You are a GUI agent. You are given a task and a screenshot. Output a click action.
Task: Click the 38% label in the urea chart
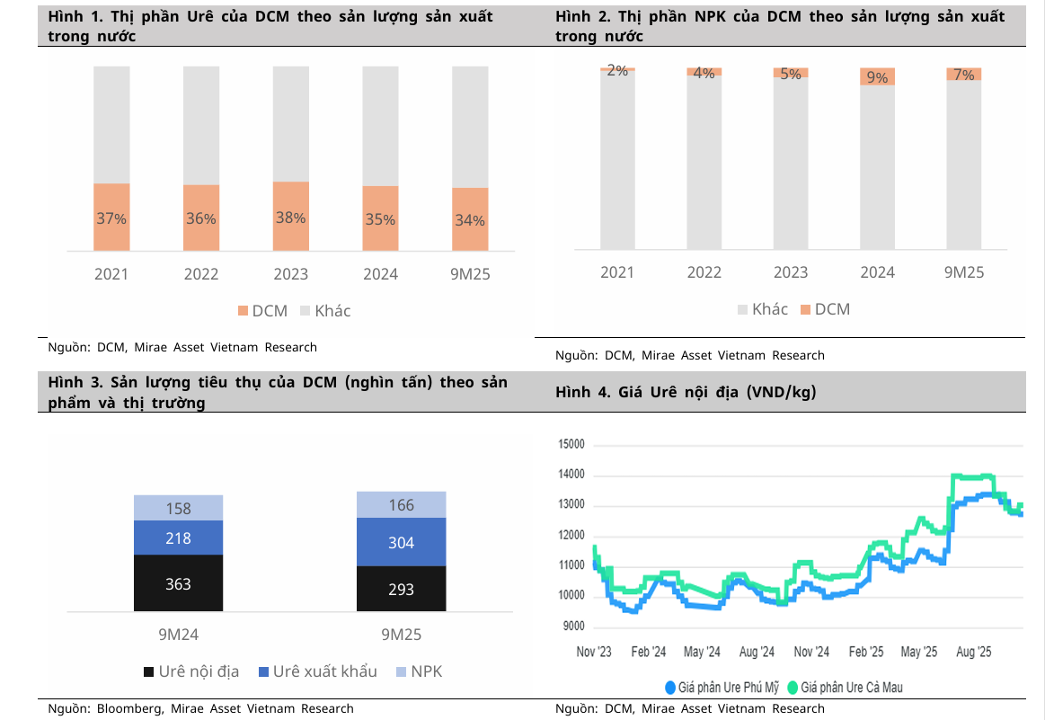pyautogui.click(x=291, y=218)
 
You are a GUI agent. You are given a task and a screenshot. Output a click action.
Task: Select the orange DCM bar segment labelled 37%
pyautogui.click(x=111, y=218)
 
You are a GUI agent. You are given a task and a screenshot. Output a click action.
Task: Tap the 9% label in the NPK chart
pyautogui.click(x=877, y=78)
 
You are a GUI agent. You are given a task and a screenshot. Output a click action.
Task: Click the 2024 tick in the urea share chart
pyautogui.click(x=381, y=274)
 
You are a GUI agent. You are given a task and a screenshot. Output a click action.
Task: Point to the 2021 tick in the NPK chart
pyautogui.click(x=617, y=272)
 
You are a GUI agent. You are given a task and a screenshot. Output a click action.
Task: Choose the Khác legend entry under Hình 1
pyautogui.click(x=324, y=311)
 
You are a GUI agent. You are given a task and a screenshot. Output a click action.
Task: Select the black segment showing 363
pyautogui.click(x=178, y=584)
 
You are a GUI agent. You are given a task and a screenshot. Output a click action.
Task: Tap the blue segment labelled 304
pyautogui.click(x=401, y=543)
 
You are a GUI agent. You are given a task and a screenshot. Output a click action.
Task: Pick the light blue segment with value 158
pyautogui.click(x=178, y=509)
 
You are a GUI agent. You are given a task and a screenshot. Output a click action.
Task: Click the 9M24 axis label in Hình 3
pyautogui.click(x=178, y=635)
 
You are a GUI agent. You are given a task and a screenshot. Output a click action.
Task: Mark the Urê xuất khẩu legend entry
pyautogui.click(x=317, y=671)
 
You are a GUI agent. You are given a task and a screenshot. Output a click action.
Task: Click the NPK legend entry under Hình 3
pyautogui.click(x=419, y=671)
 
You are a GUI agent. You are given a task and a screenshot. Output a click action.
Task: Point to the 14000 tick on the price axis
pyautogui.click(x=571, y=475)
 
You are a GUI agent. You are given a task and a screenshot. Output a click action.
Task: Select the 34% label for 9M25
pyautogui.click(x=470, y=220)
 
